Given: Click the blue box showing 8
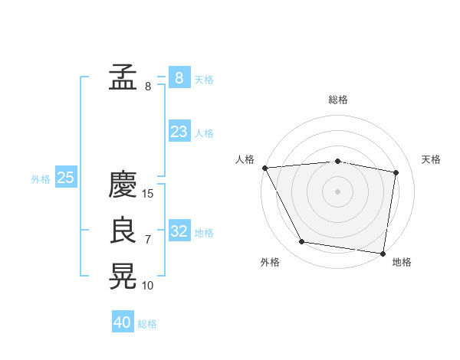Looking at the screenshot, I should point(179,77).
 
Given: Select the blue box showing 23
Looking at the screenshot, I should point(179,132).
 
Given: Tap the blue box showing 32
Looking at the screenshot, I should point(179,231).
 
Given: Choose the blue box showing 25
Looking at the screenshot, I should point(65,178).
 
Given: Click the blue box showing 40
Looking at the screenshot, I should point(123,322).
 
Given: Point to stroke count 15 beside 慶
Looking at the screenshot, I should point(149,194).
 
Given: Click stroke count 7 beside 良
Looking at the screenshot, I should point(148,240).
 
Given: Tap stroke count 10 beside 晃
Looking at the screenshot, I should point(148,286).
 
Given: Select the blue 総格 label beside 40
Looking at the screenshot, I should point(147,324).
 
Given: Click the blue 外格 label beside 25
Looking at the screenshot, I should point(41,179).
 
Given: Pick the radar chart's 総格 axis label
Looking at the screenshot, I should point(337,100).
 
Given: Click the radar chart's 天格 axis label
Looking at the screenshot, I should point(432,159).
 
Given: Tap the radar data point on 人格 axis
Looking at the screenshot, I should point(264,168).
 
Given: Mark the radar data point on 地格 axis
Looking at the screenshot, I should point(383,253).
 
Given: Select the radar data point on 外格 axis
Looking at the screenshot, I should point(302,242).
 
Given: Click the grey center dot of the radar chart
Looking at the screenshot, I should point(337,191).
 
